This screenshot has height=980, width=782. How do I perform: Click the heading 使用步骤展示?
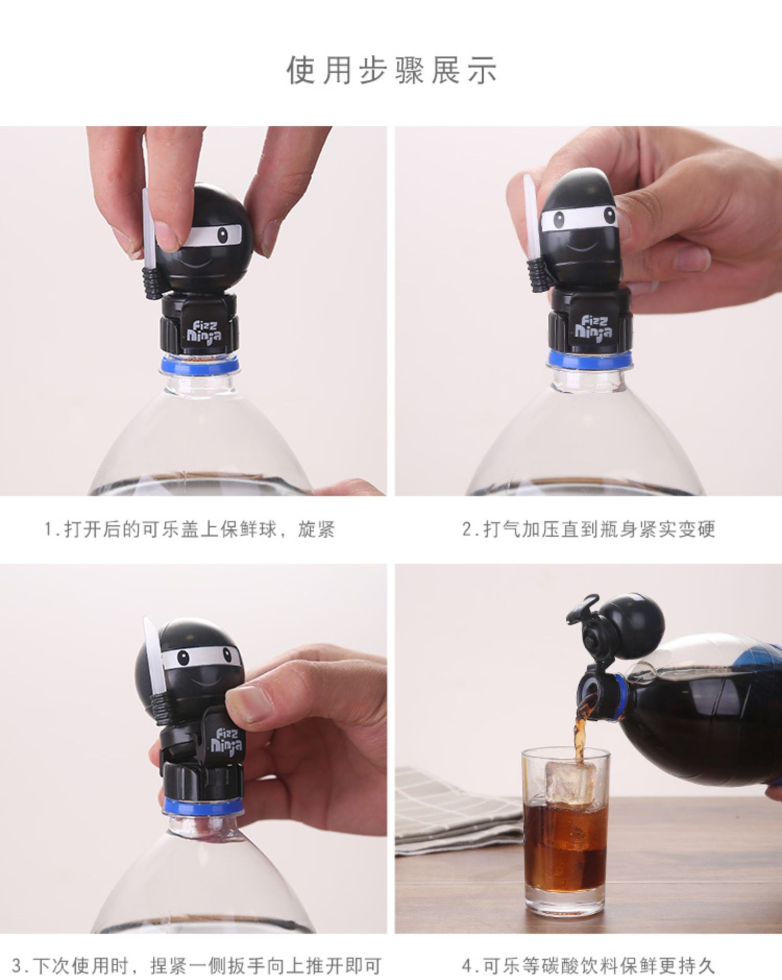pos(392,70)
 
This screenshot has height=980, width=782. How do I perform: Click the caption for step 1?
pos(189,529)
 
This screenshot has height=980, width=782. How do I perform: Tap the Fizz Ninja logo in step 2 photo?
pos(593,326)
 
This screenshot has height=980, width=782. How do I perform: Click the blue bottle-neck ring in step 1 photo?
pos(200,364)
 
